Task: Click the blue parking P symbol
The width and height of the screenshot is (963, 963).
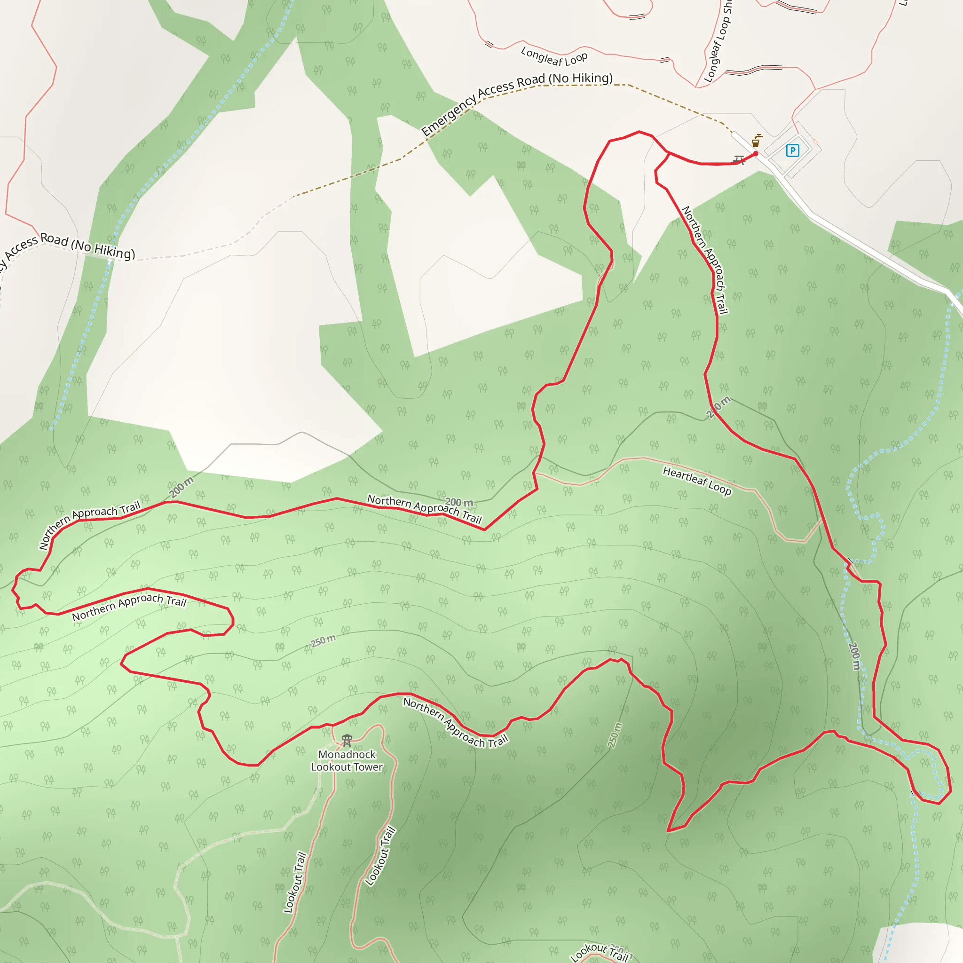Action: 792,150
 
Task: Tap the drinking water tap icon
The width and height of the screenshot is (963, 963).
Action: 756,141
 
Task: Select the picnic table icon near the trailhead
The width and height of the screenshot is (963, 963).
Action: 739,159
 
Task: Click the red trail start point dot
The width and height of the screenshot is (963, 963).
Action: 755,153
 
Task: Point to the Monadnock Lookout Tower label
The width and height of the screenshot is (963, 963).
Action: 347,761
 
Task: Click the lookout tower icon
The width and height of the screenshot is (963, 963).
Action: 347,740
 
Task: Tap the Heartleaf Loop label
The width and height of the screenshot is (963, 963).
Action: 696,481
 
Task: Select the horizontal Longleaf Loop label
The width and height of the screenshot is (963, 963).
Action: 554,56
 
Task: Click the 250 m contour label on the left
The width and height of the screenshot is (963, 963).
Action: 323,640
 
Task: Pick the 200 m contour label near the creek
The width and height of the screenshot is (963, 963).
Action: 854,656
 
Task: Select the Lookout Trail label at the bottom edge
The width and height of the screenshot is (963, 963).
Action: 600,953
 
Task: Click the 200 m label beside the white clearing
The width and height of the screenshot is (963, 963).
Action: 181,487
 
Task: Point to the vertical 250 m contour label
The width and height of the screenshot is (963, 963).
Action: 615,735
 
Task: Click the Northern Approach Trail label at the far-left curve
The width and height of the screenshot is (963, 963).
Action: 89,523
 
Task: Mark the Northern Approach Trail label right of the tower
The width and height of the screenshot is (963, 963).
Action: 455,723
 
